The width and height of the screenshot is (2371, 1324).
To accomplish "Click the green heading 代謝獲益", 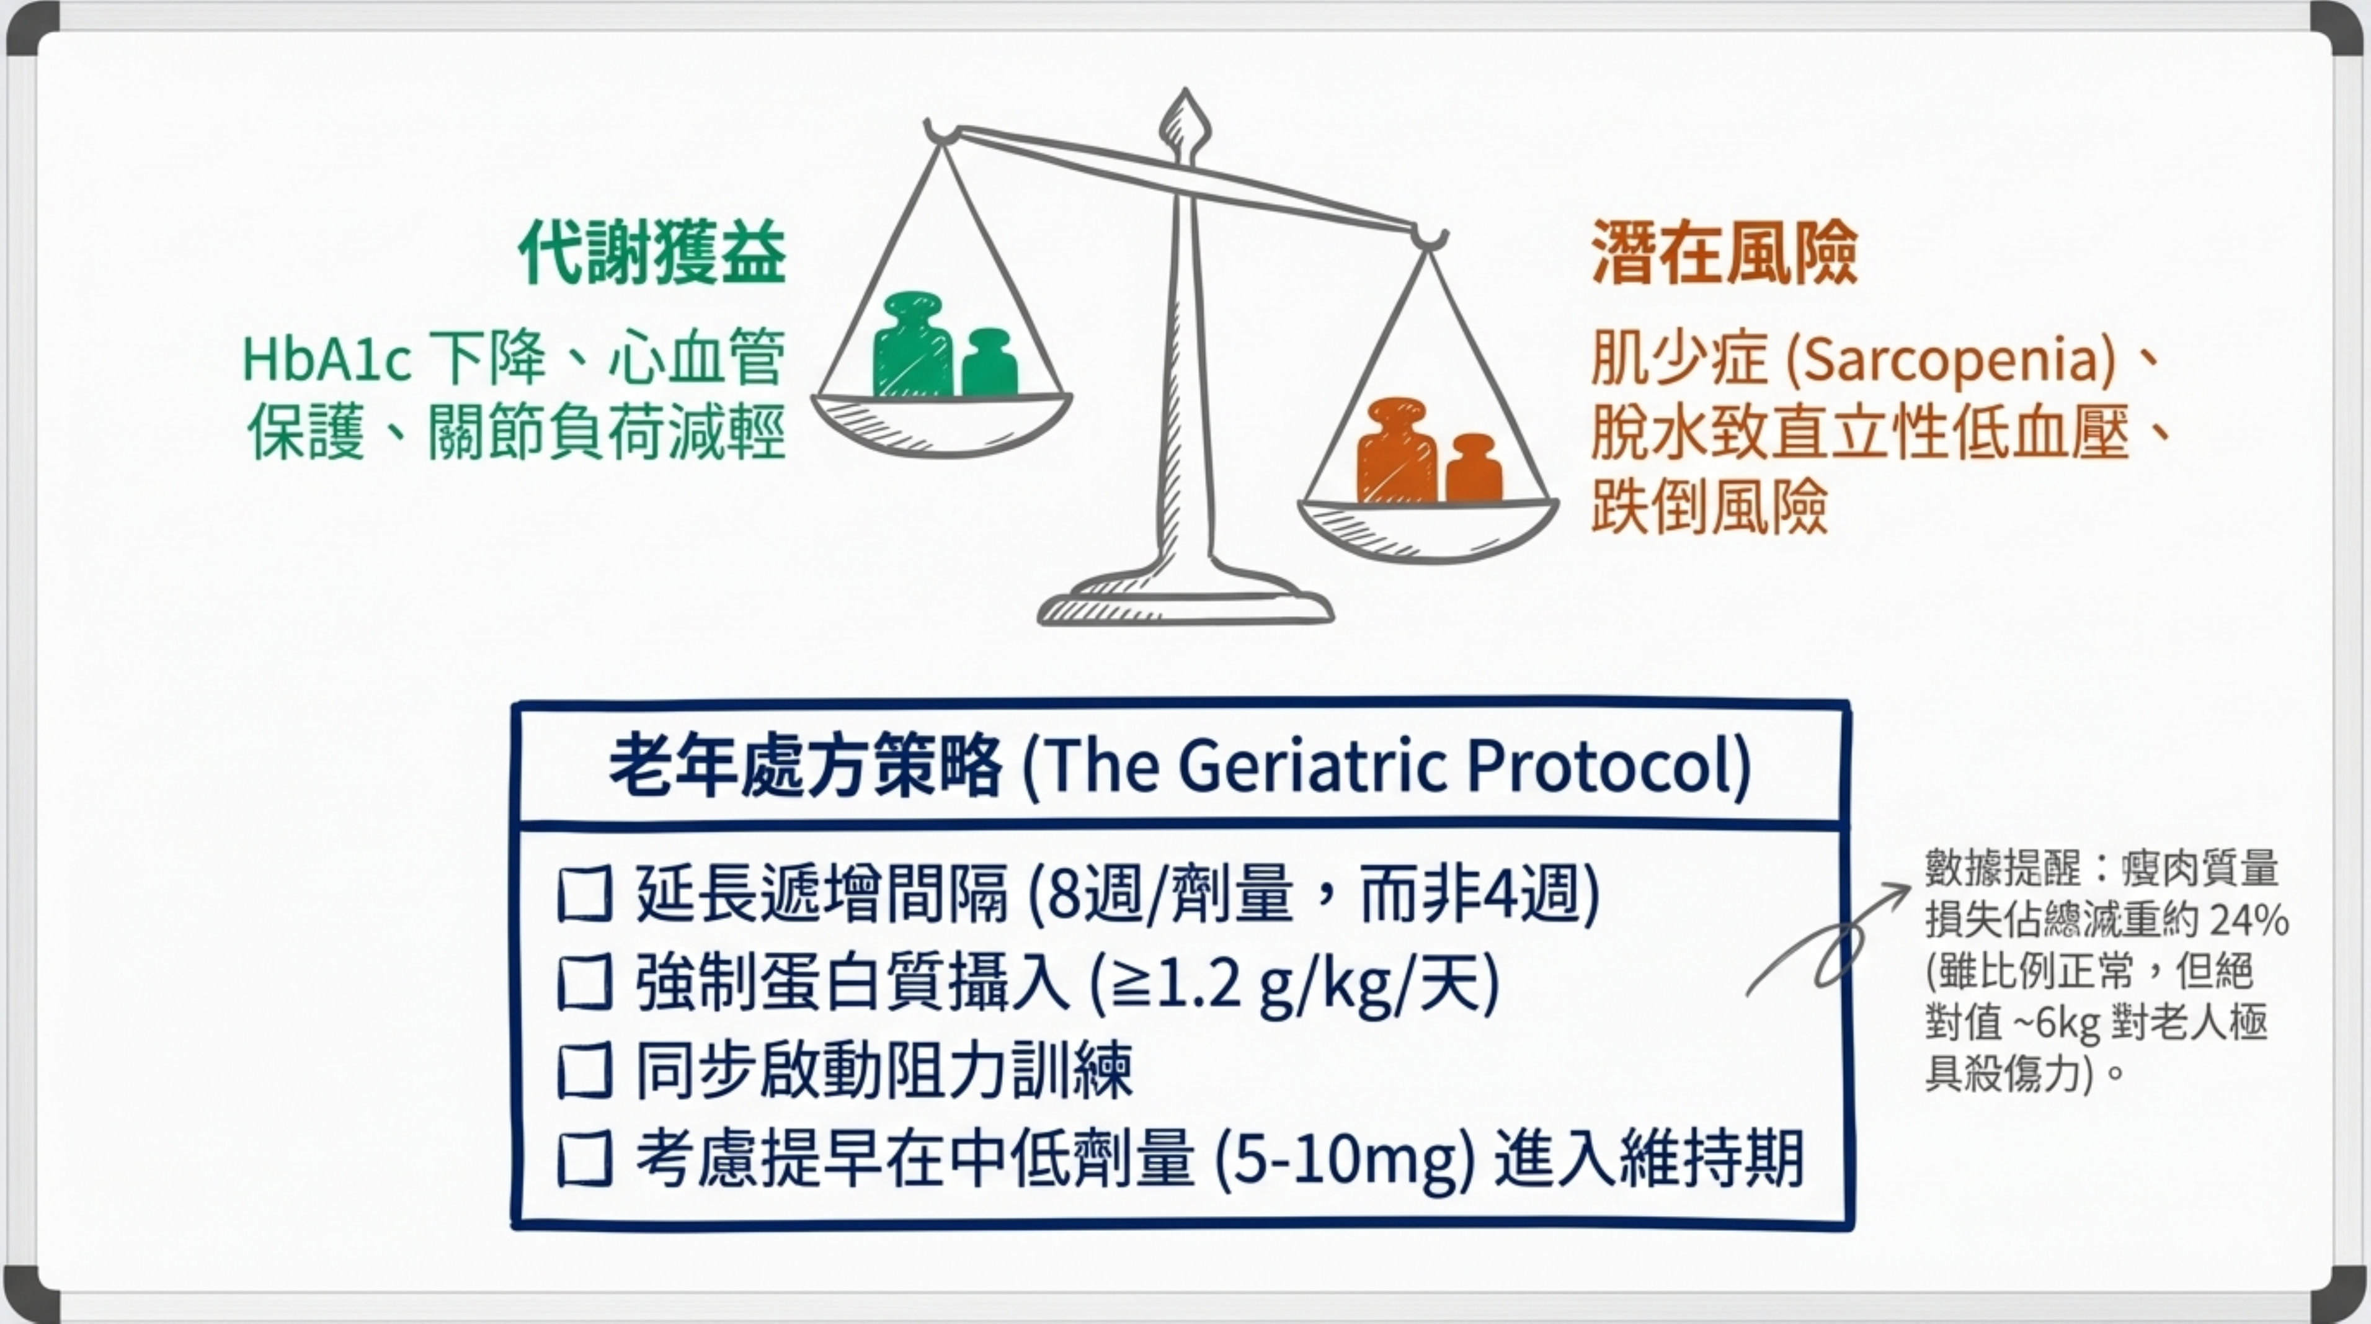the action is click(652, 253).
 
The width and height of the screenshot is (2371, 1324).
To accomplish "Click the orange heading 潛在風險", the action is click(1724, 253).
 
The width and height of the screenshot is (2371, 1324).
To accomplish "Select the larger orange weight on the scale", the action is click(1396, 450).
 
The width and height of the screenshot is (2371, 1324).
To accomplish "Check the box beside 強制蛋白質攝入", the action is click(584, 982).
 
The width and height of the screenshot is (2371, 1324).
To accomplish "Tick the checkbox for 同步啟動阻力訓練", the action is click(584, 1071).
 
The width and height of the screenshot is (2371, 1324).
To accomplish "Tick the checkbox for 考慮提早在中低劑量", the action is click(584, 1158).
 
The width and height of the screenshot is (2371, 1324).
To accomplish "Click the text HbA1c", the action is click(326, 359).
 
